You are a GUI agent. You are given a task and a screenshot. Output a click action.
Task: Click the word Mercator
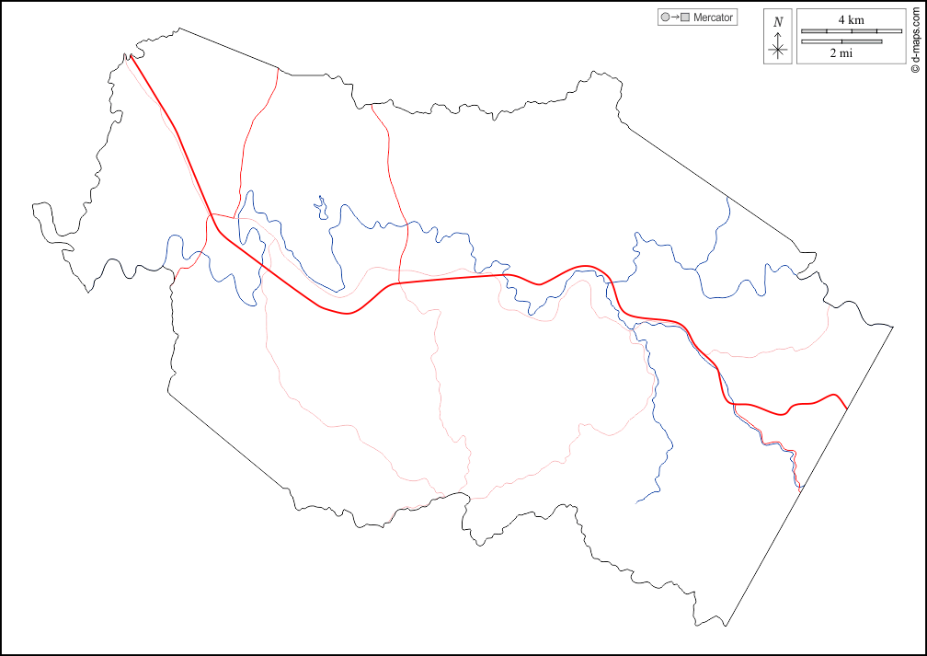point(713,17)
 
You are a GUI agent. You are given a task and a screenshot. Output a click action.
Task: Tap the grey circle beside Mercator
point(665,17)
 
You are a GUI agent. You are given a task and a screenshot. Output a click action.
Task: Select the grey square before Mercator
point(685,17)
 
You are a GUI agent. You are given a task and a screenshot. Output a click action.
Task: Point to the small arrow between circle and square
point(675,17)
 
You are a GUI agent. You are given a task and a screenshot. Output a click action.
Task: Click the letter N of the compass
point(778,22)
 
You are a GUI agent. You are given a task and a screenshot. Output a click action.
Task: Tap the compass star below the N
point(778,50)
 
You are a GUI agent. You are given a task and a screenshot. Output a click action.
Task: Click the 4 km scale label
point(851,20)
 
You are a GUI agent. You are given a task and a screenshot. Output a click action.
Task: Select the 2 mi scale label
point(841,53)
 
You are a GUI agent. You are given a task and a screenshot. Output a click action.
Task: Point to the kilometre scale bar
point(851,31)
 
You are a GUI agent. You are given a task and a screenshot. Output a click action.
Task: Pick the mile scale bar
point(841,41)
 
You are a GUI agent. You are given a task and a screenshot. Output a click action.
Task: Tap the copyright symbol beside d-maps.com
point(915,67)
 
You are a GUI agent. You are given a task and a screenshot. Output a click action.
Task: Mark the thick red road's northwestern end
point(131,56)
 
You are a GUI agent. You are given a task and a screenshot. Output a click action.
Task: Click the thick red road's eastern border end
point(846,405)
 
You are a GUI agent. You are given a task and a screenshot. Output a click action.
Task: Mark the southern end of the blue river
point(637,502)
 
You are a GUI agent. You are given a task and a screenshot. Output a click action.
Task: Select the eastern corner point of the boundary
point(893,326)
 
